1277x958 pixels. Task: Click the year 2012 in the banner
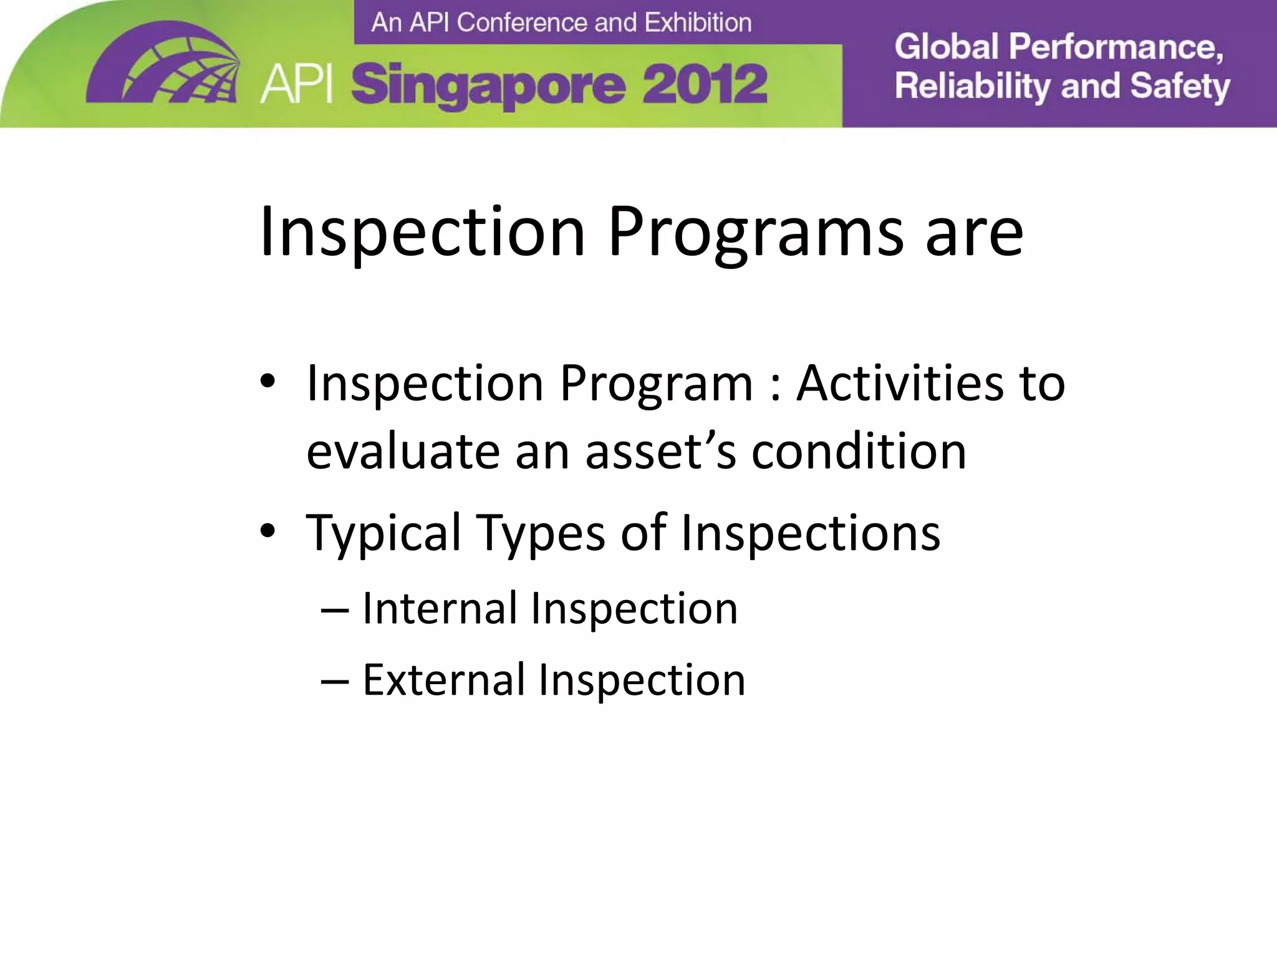coord(704,85)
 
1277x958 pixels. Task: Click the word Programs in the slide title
coord(755,232)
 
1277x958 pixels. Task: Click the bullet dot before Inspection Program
coord(267,382)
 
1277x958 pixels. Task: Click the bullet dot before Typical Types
coord(267,531)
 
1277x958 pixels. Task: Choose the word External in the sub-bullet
coord(443,679)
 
